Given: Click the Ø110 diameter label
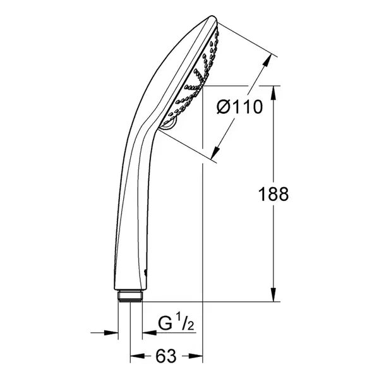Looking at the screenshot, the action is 239,107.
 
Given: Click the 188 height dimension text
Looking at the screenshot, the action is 274,194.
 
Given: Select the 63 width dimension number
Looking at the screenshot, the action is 165,356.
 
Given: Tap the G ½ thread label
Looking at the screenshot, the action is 176,323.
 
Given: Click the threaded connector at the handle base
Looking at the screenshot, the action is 131,296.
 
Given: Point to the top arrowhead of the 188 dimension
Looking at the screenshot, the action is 274,92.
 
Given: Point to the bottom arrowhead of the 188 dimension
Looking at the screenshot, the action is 274,295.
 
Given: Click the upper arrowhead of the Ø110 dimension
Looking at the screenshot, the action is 267,60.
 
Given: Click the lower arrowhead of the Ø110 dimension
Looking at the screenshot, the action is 215,152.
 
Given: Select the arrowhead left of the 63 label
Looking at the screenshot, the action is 137,356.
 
